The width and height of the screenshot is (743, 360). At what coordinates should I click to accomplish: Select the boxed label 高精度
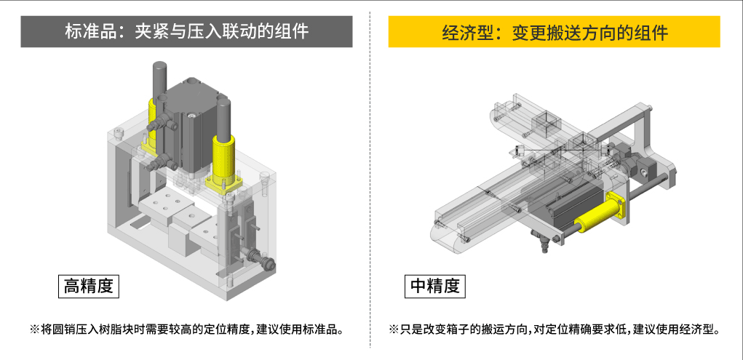pos(88,286)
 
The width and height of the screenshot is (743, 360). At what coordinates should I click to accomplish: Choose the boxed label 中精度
pos(435,286)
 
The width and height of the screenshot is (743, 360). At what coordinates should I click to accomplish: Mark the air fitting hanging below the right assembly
pos(541,239)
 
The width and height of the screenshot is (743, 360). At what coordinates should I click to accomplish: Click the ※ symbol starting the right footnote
pos(394,329)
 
